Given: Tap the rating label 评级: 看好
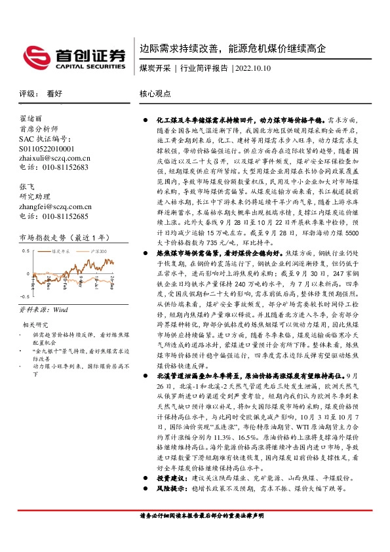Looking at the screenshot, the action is pos(41,94).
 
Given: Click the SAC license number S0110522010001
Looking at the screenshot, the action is pos(47,149).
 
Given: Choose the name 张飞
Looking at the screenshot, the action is pos(26,187).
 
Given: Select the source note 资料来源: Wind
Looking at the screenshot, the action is pos(43,308).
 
